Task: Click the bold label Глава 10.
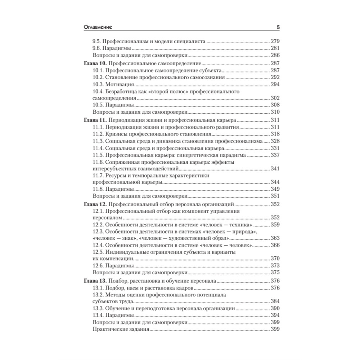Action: pyautogui.click(x=91, y=63)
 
